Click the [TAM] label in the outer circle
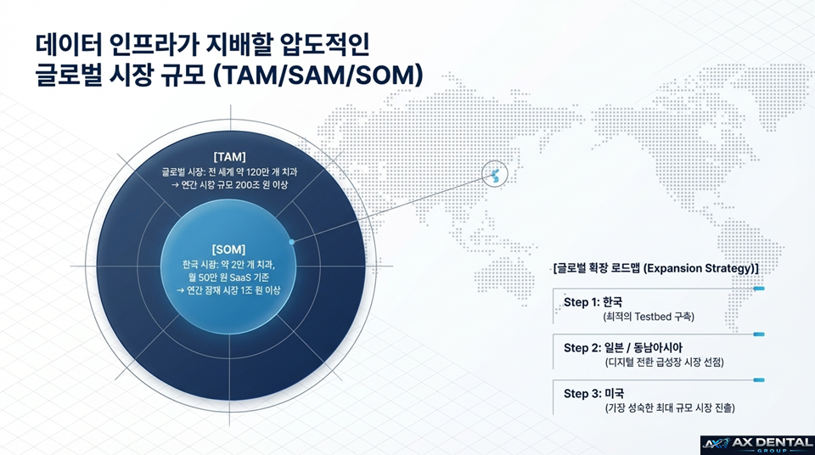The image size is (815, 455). [229, 156]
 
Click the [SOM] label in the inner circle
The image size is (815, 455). [229, 250]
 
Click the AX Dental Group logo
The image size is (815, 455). [755, 443]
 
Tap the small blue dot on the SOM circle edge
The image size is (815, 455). [291, 242]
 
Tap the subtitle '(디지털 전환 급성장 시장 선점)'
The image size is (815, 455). [670, 362]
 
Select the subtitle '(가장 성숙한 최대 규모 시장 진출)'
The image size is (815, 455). [670, 408]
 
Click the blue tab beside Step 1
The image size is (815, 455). [759, 289]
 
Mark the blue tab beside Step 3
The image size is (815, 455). [759, 380]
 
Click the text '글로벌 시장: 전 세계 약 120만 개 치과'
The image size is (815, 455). [229, 171]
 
